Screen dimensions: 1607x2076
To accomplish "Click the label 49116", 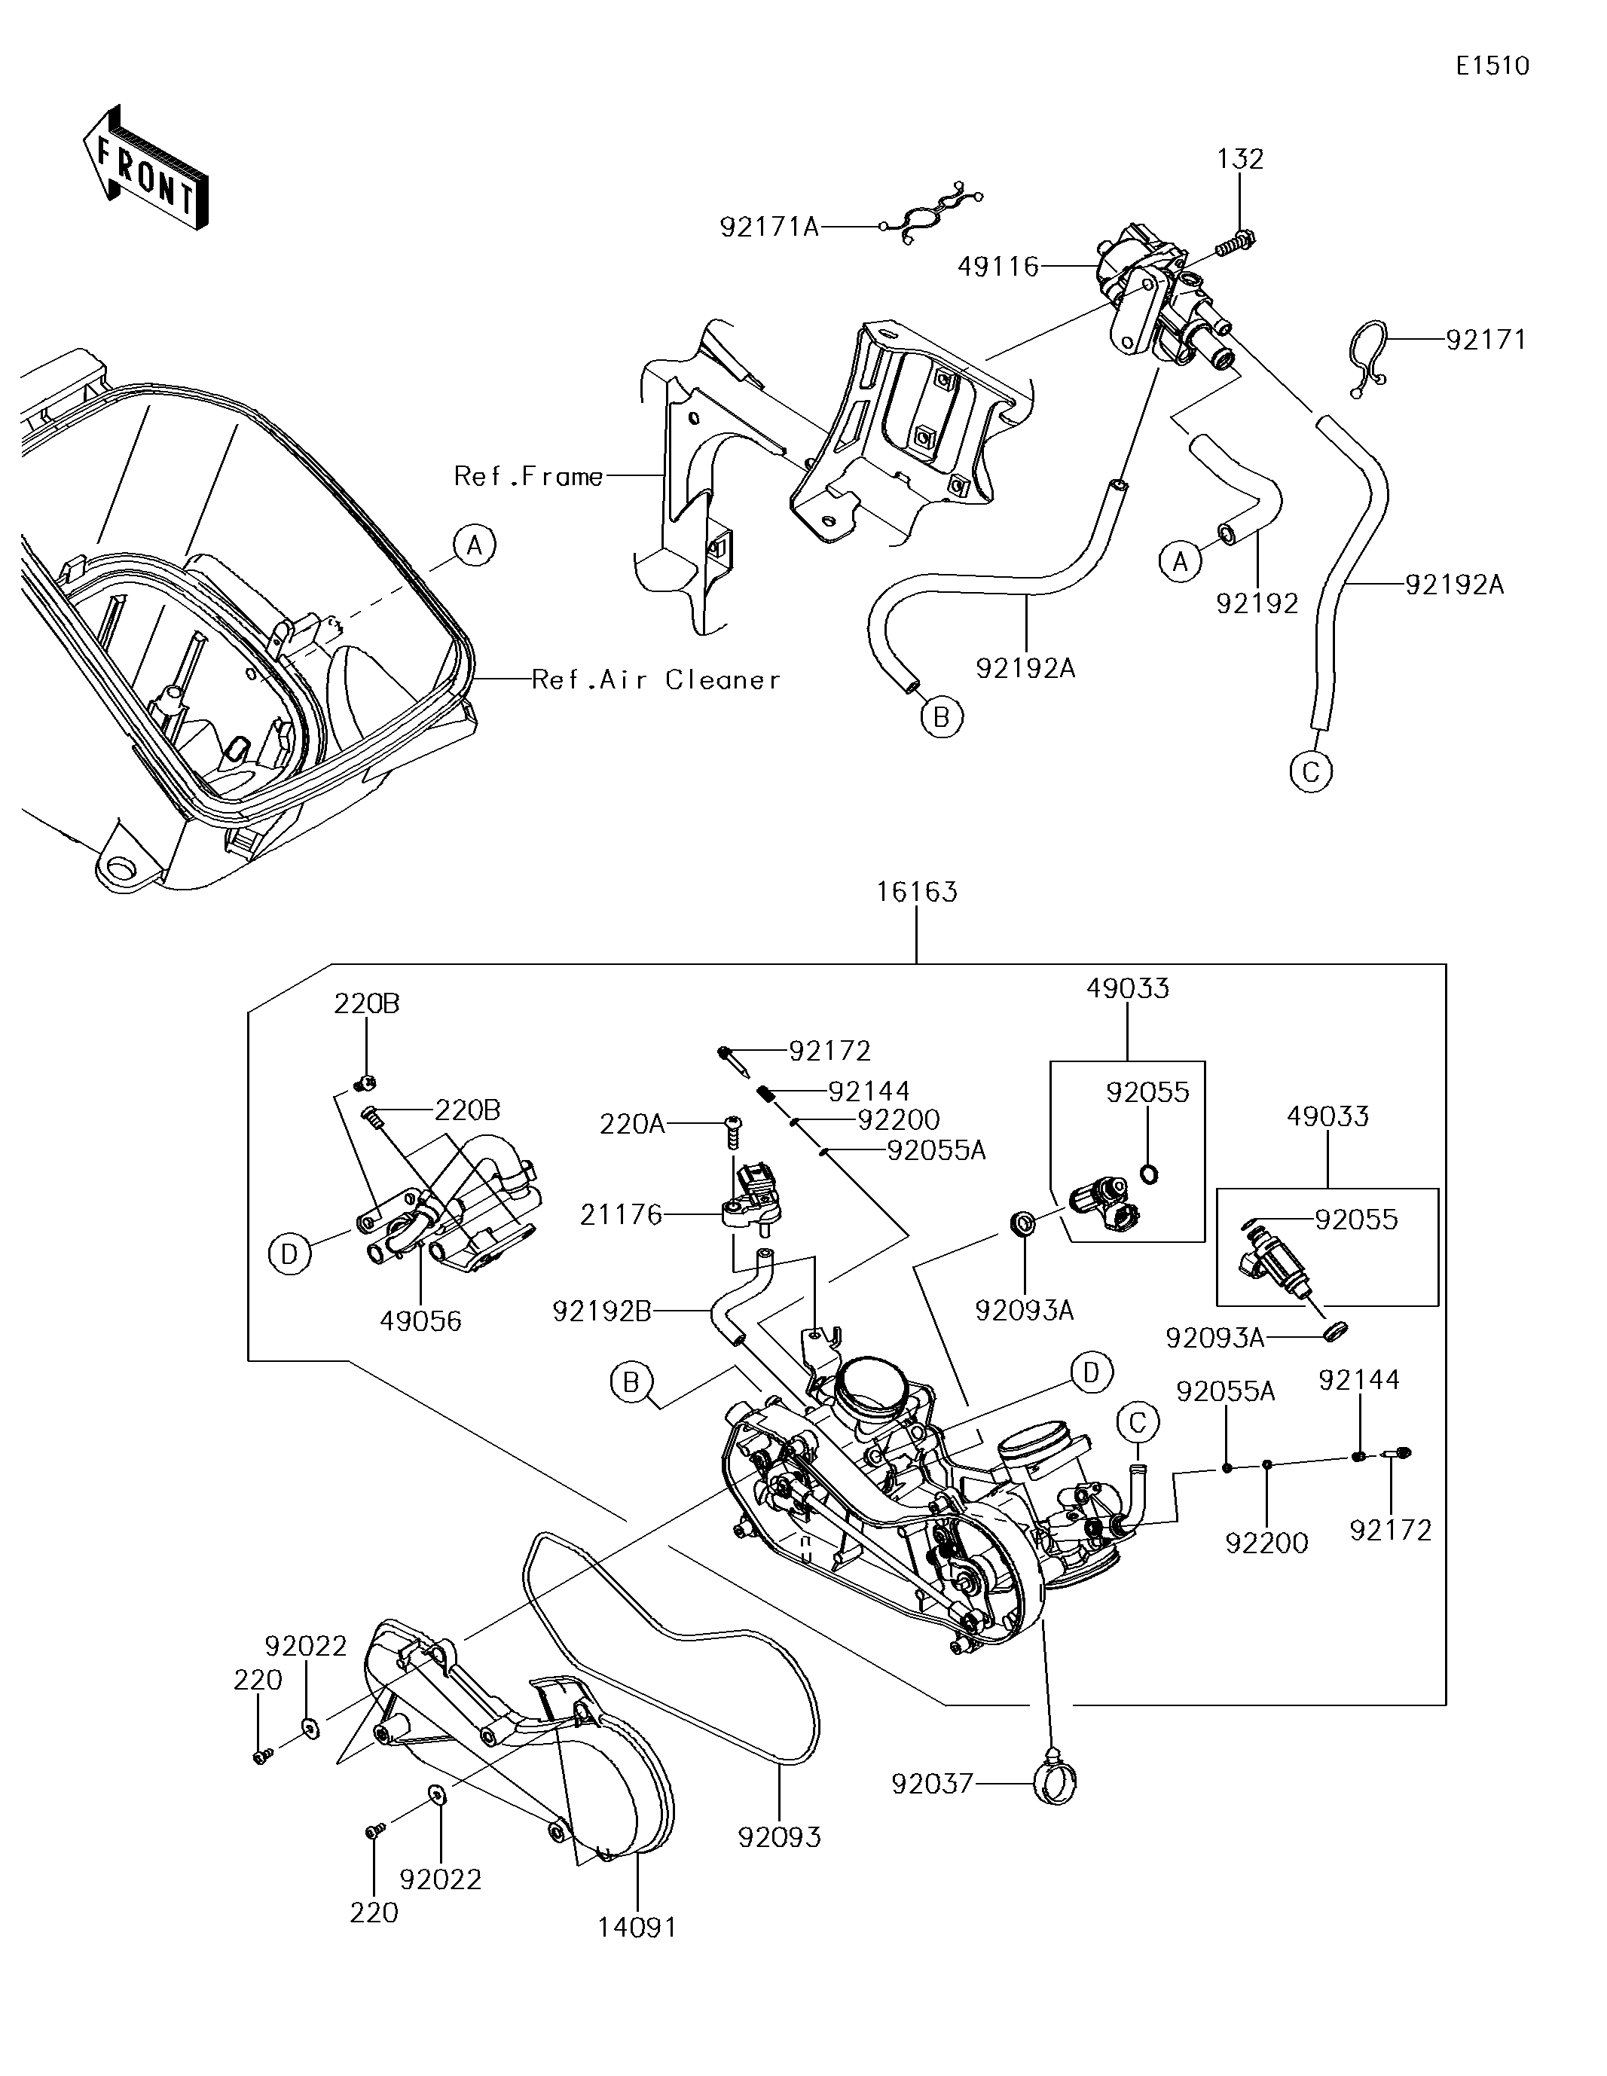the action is [x=998, y=266].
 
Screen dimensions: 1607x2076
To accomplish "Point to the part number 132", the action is [x=1241, y=159].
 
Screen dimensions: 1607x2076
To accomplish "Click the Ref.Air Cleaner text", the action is [x=656, y=679].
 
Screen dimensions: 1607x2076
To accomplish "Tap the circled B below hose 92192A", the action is [x=942, y=718].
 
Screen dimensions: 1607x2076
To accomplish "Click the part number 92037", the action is [x=933, y=1783].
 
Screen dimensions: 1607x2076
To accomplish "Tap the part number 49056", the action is [x=420, y=1320].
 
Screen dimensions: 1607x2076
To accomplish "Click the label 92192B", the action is [x=602, y=1311].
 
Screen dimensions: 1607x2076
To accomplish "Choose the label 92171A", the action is [x=769, y=226].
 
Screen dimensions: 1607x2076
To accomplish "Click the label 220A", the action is [x=631, y=1125].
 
